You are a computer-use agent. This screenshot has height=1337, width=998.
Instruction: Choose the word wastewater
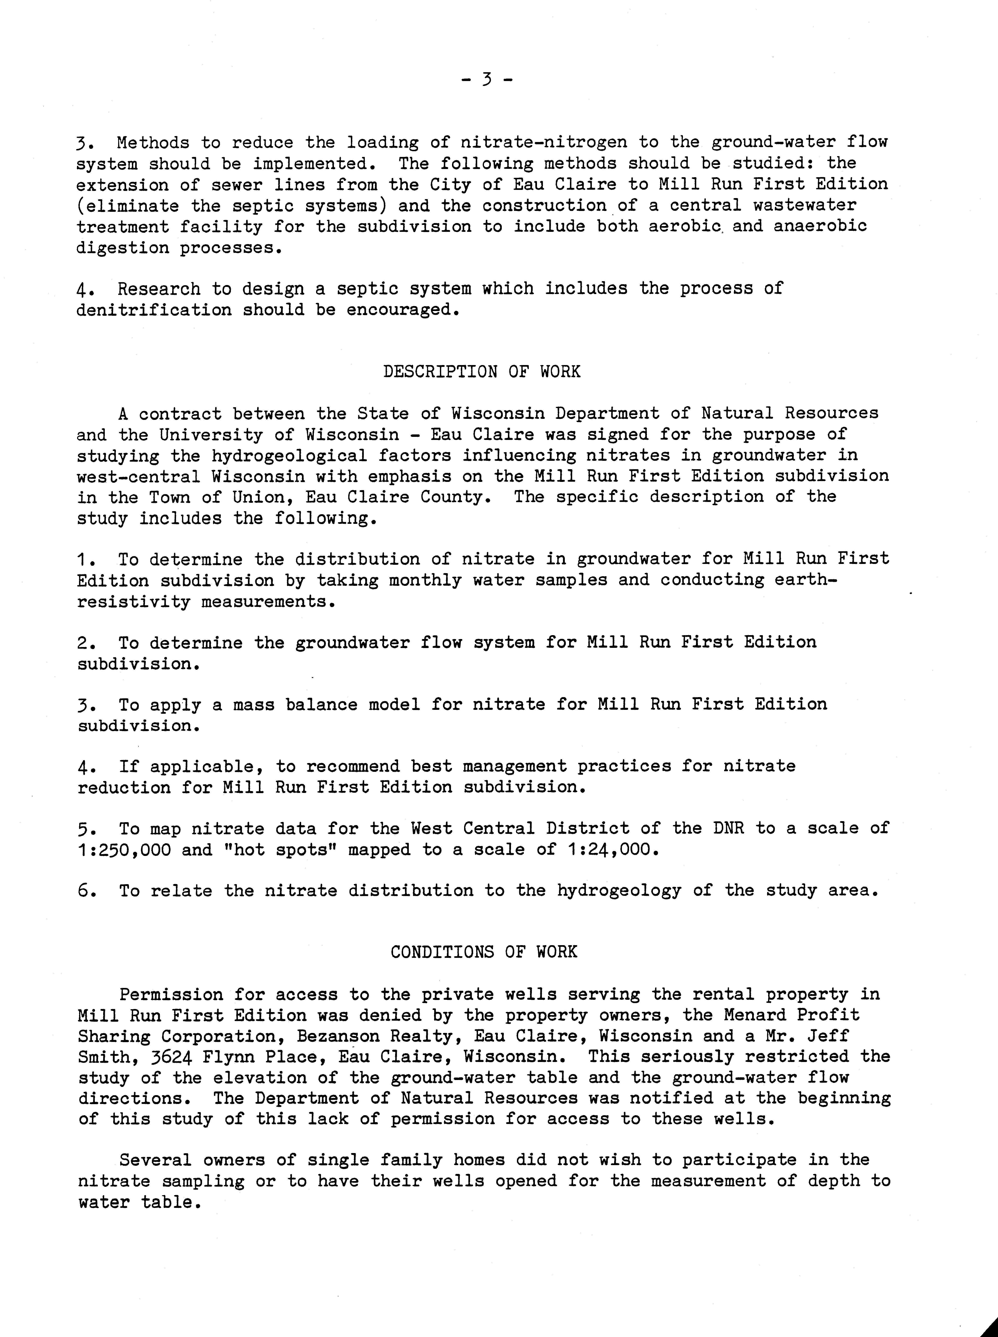point(805,205)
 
